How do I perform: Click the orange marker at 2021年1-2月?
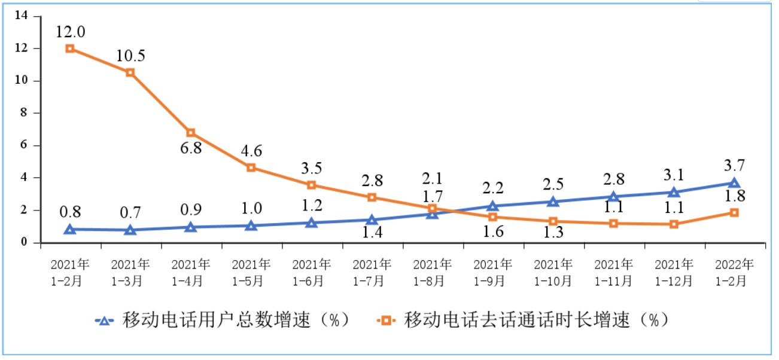click(70, 48)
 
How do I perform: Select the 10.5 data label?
click(130, 56)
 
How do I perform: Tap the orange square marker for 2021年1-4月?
click(191, 132)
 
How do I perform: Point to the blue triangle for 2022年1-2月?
click(734, 183)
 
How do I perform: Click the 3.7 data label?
click(734, 166)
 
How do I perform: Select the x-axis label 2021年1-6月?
click(312, 272)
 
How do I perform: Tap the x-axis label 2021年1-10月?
click(553, 272)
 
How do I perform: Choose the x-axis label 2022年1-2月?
click(734, 272)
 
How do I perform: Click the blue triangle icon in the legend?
click(104, 321)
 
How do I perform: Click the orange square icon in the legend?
click(386, 321)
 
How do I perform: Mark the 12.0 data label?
click(70, 31)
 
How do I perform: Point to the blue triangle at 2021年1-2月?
click(70, 229)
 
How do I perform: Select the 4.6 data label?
click(251, 151)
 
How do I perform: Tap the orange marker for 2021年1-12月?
click(674, 224)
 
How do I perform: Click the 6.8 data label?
click(191, 148)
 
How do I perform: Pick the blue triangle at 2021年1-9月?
click(492, 206)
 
